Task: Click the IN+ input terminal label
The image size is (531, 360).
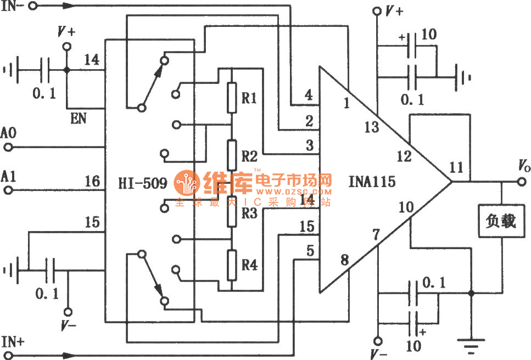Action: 13,341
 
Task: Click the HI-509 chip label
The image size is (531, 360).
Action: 142,183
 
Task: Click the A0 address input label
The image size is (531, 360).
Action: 9,133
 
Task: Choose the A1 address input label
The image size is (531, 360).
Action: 9,176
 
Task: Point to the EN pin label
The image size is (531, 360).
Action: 79,117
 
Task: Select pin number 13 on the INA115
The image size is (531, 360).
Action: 372,128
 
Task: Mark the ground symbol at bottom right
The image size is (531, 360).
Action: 471,345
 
